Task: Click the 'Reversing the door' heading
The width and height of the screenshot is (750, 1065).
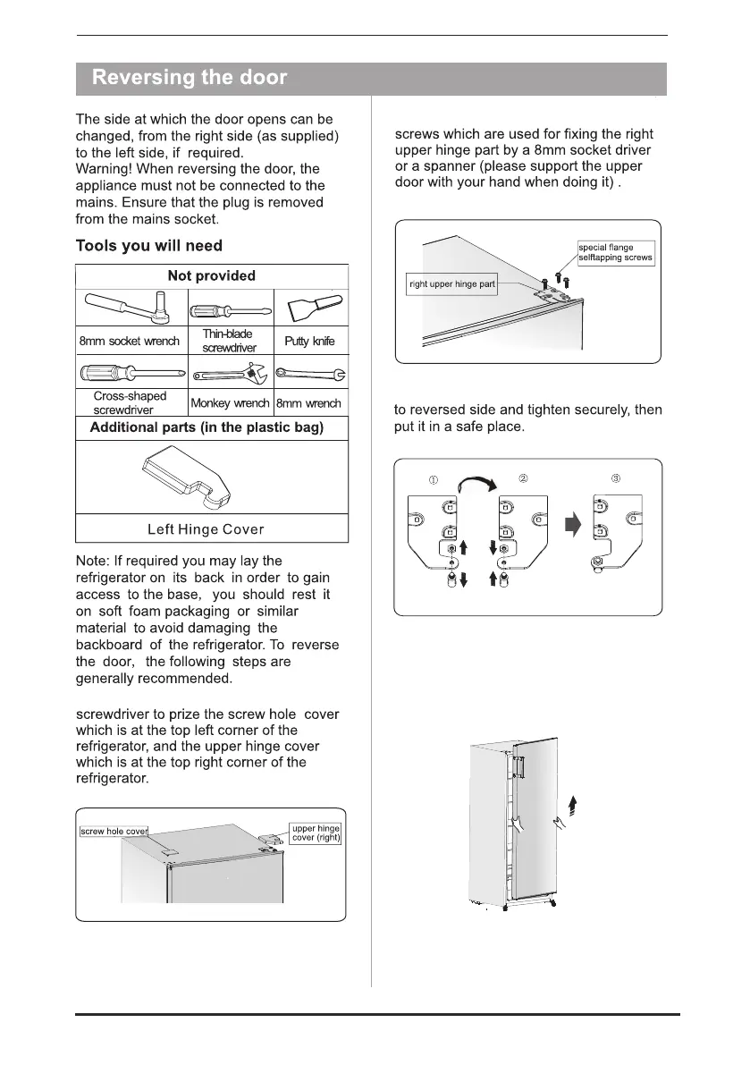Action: pyautogui.click(x=190, y=78)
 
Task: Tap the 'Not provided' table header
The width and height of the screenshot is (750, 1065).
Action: pyautogui.click(x=212, y=276)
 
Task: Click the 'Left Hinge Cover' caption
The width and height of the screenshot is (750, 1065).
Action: pyautogui.click(x=211, y=529)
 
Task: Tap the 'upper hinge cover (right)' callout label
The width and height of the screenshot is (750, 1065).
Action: pyautogui.click(x=316, y=833)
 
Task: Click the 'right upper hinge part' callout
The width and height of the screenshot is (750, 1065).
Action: pyautogui.click(x=451, y=285)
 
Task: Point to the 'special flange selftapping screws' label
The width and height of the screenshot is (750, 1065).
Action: pyautogui.click(x=616, y=252)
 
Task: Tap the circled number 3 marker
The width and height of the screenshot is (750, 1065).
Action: pyautogui.click(x=616, y=478)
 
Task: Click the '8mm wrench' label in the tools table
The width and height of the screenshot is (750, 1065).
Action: pyautogui.click(x=308, y=404)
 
